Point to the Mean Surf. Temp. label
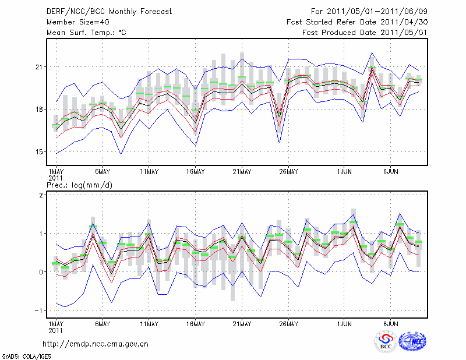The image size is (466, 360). pos(86,33)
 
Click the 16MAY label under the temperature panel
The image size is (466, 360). pos(195,172)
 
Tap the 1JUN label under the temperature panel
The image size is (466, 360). pos(345,172)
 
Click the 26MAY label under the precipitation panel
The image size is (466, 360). pos(288,324)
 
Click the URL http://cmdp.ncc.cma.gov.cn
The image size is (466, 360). pos(96,344)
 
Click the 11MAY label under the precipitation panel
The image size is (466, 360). pos(149,324)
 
